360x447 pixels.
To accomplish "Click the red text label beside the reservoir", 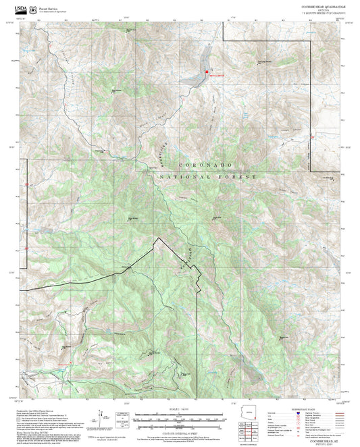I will tap(215, 76).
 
